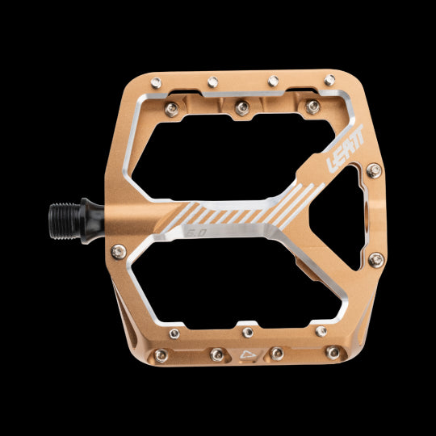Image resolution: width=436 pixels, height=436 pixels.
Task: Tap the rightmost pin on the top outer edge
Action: [330, 80]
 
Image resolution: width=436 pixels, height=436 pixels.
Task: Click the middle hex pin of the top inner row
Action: [242, 106]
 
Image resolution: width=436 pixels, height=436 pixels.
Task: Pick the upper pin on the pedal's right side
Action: [374, 170]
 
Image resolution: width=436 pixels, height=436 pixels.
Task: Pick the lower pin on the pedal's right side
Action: [375, 259]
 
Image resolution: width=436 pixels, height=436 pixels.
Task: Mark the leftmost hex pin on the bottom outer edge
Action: [161, 355]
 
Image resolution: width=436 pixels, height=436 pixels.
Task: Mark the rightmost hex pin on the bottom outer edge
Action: [333, 352]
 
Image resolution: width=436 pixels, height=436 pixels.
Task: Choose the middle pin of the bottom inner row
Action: [247, 331]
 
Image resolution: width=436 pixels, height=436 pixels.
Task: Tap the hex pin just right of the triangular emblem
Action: [277, 353]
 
